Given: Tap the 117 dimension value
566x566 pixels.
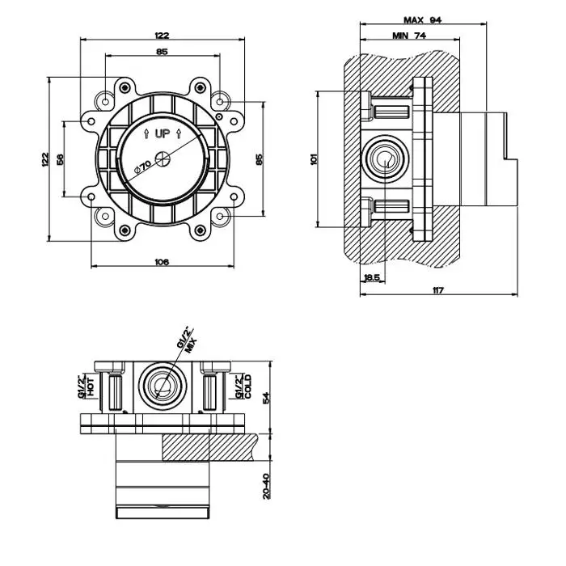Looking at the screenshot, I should (439, 289).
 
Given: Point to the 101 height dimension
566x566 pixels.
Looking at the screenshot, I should (315, 160).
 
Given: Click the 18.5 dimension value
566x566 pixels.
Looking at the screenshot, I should (372, 277).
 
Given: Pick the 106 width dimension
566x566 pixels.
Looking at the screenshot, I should (162, 260).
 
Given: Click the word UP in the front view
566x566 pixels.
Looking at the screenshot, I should (163, 133).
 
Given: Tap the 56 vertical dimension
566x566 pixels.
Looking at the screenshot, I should (61, 158).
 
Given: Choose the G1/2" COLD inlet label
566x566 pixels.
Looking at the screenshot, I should (243, 386).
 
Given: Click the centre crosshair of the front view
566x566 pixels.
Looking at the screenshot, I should (163, 158).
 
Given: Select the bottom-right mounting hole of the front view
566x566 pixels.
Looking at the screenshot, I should (219, 217).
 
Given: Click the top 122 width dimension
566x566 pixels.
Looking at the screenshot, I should (162, 36).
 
